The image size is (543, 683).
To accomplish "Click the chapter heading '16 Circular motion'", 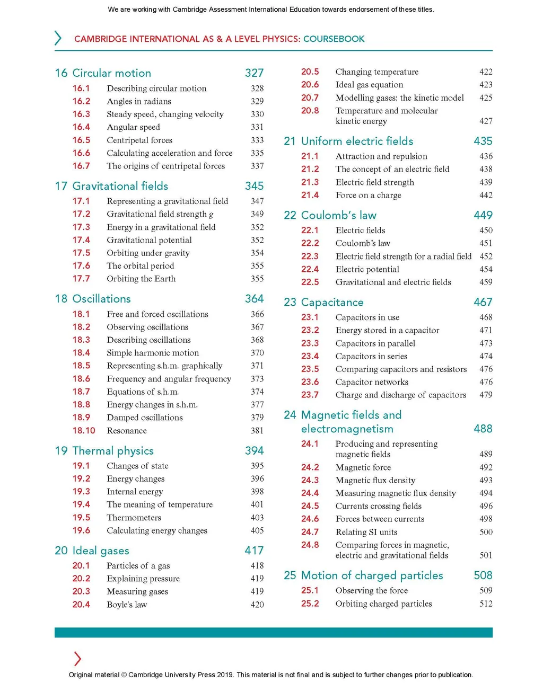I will click(x=103, y=73).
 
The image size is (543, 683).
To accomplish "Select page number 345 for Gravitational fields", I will click(x=254, y=186).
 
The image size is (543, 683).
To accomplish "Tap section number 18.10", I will click(x=84, y=431).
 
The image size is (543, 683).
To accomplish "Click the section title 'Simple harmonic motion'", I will click(x=153, y=353).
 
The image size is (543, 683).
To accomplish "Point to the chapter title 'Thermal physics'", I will click(x=113, y=451).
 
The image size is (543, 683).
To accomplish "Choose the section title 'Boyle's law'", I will click(x=127, y=605).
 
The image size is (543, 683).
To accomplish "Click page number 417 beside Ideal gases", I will click(x=254, y=551).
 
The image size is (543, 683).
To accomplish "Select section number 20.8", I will click(x=310, y=111).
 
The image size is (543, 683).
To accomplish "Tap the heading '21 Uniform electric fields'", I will click(x=348, y=141).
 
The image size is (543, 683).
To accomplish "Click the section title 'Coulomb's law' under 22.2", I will click(x=363, y=243).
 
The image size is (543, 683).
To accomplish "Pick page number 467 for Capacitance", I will click(x=483, y=302).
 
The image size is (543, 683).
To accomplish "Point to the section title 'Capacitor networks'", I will click(x=372, y=382).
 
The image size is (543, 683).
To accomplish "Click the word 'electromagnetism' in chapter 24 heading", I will click(x=347, y=429).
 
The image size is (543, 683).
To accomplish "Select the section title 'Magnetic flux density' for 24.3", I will click(x=375, y=481).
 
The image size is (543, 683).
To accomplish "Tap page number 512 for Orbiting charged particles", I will click(x=486, y=604).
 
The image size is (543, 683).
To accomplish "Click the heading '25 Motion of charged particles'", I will click(x=363, y=575).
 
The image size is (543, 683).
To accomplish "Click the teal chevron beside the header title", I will click(x=58, y=38).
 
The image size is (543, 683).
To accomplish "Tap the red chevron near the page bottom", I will click(x=77, y=659).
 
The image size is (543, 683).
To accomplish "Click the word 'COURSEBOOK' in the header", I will click(x=334, y=39).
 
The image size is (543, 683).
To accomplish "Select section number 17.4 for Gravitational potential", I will click(x=81, y=240).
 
